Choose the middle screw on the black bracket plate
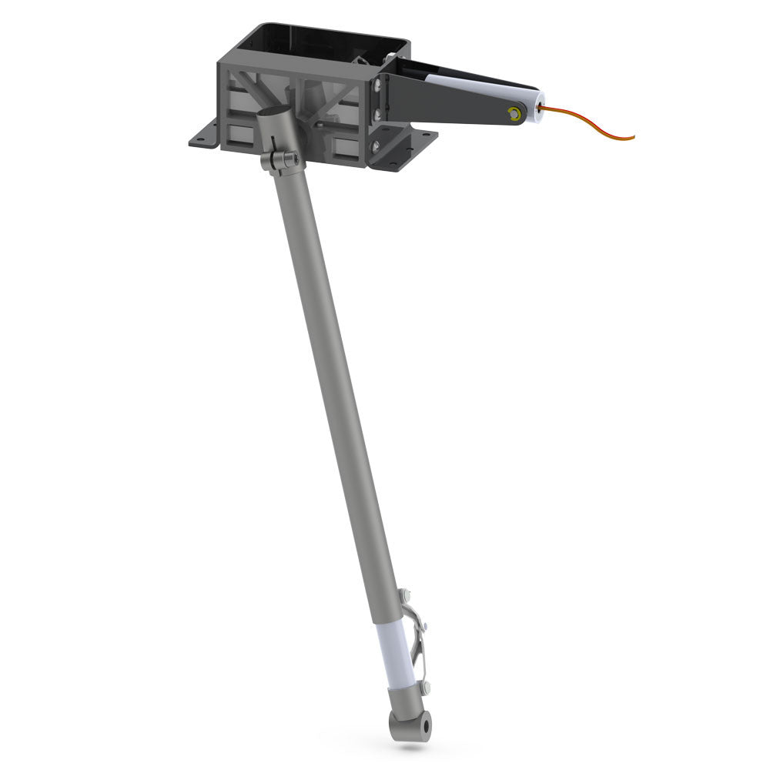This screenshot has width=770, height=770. click(x=376, y=115)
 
